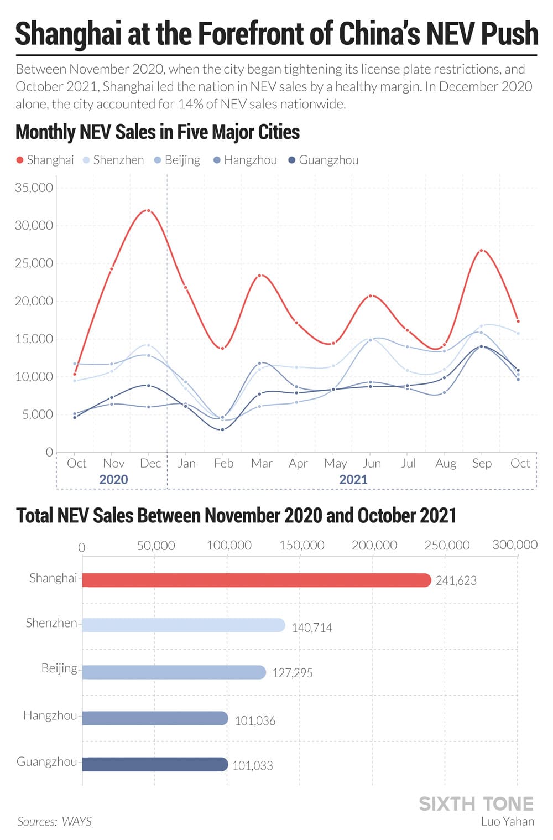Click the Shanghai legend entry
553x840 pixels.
point(45,160)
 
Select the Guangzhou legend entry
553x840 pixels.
point(324,160)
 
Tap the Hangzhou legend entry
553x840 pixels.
point(245,160)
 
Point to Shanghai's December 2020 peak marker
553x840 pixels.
point(148,211)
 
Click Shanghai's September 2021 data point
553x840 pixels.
point(482,251)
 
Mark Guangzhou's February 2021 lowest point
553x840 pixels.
point(223,429)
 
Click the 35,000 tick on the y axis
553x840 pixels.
point(34,188)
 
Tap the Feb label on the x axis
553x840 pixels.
point(223,463)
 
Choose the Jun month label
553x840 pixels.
point(372,463)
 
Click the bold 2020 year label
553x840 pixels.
point(113,479)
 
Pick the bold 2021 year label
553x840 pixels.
point(353,479)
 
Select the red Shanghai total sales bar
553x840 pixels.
point(256,580)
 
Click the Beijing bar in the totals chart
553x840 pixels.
point(174,672)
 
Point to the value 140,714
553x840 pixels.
point(312,628)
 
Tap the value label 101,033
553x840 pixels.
point(253,766)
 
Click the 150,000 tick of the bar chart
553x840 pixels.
point(302,546)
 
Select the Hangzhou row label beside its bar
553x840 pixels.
point(50,716)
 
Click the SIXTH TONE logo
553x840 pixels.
point(476,803)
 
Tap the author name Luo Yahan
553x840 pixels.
point(508,822)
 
